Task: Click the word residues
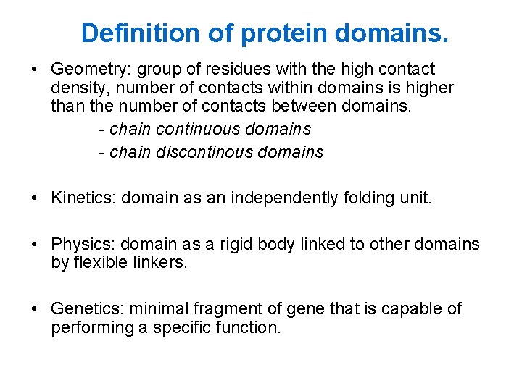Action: [x=230, y=70]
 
